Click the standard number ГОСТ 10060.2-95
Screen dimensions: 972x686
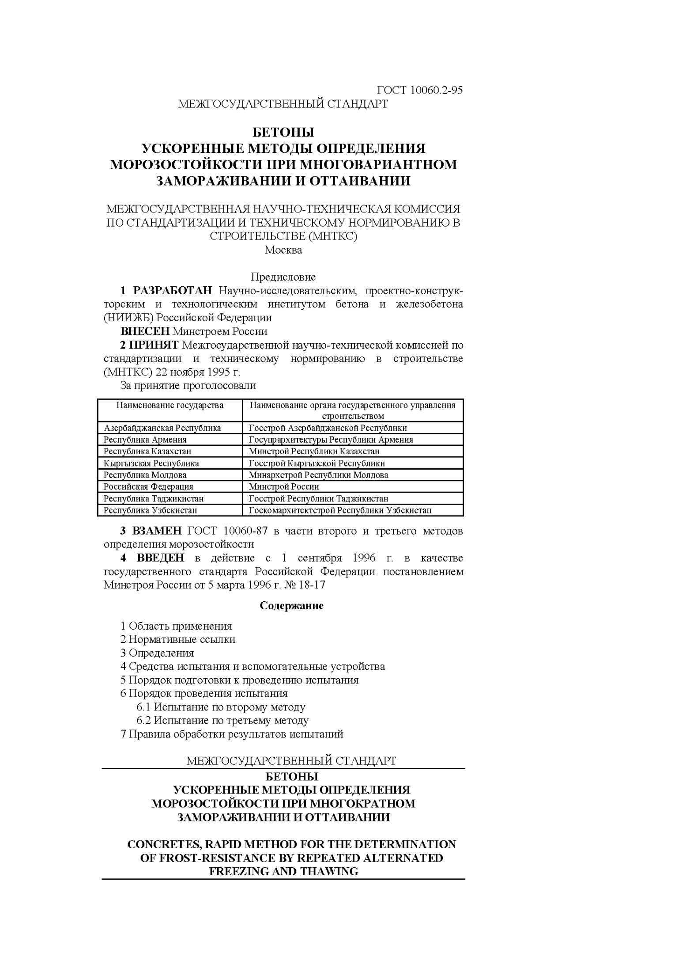pos(419,91)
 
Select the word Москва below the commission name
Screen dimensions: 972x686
pos(283,250)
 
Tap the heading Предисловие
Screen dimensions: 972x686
pos(283,277)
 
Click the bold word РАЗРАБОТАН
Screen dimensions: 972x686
pos(173,291)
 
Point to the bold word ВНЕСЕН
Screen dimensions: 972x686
pos(145,331)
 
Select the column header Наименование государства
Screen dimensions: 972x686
pos(170,405)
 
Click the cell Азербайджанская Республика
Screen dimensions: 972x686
pos(162,428)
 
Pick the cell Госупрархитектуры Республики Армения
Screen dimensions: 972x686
pos(331,440)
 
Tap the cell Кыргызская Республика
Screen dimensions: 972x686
pos(151,463)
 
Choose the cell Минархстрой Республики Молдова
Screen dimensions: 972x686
pos(318,475)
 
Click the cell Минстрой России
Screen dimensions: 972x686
pos(283,486)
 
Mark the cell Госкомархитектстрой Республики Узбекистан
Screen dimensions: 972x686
pos(340,510)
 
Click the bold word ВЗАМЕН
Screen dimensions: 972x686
pos(157,531)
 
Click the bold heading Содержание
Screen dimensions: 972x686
pos(291,606)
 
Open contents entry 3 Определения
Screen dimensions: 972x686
pos(157,653)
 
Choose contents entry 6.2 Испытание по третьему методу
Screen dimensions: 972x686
pos(222,720)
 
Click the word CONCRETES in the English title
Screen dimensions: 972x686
pos(158,844)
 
